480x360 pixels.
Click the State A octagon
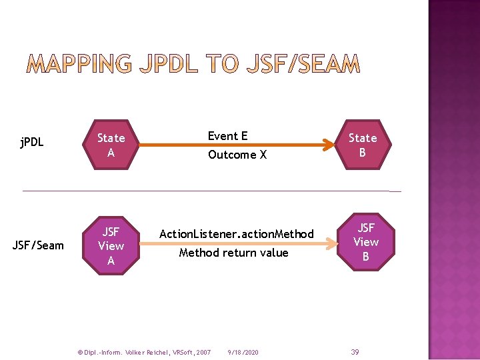(111, 145)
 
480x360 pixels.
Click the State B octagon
(363, 145)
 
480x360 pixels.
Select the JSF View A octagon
(111, 246)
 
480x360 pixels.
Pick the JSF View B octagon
(365, 242)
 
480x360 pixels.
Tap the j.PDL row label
(31, 142)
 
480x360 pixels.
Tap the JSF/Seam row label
(38, 245)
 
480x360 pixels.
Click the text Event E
(227, 136)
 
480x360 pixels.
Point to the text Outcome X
(237, 155)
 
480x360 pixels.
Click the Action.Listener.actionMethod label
(236, 234)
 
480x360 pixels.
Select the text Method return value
(233, 253)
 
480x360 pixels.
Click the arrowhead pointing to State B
(327, 144)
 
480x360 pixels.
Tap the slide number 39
(355, 352)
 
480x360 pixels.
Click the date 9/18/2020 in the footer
(243, 352)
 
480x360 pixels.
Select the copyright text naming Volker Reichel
(144, 352)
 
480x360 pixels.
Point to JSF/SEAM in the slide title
(303, 65)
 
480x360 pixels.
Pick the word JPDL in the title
(169, 65)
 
